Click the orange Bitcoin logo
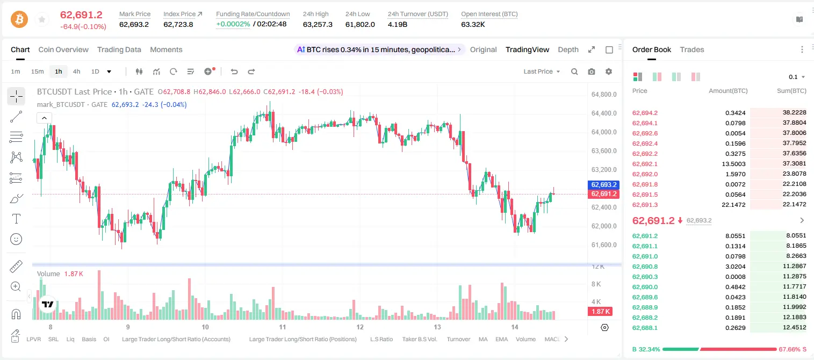19,19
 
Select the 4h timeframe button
76,71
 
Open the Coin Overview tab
63,49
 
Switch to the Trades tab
692,49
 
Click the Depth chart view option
568,49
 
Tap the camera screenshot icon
592,71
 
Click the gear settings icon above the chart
609,71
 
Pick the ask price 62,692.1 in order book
645,164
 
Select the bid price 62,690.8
645,267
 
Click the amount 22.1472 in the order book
733,205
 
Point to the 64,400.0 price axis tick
604,113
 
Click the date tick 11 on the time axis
283,327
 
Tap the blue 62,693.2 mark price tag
603,184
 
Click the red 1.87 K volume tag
600,311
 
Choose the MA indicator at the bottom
483,339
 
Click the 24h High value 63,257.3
318,24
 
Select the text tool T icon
16,219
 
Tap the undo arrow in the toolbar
234,71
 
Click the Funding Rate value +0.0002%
233,24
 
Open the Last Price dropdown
542,71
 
